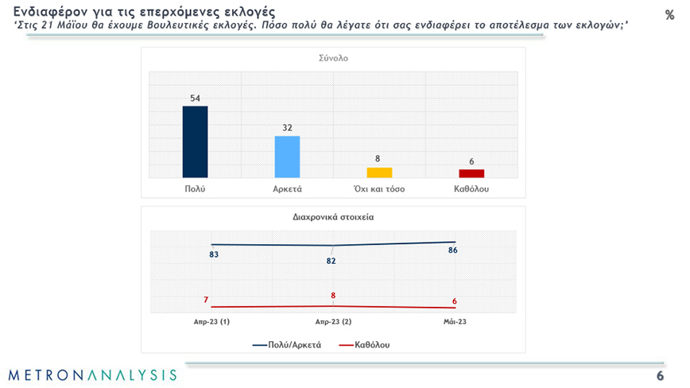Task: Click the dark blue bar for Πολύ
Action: coord(195,142)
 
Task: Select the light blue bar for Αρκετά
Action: coord(287,157)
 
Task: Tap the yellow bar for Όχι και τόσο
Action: coord(379,172)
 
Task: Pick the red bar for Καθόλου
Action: coord(471,173)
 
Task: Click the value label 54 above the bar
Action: coord(195,99)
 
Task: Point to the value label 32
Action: coord(287,128)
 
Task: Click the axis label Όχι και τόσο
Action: coord(379,189)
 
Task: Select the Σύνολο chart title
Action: coord(333,58)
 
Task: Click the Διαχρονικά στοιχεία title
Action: coord(333,215)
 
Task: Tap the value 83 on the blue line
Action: coord(214,254)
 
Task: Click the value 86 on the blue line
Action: coord(453,251)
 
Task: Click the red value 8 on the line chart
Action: coord(333,296)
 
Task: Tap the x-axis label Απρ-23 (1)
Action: coord(211,323)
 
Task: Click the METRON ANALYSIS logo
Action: coord(92,374)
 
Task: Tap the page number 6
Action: coord(660,375)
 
